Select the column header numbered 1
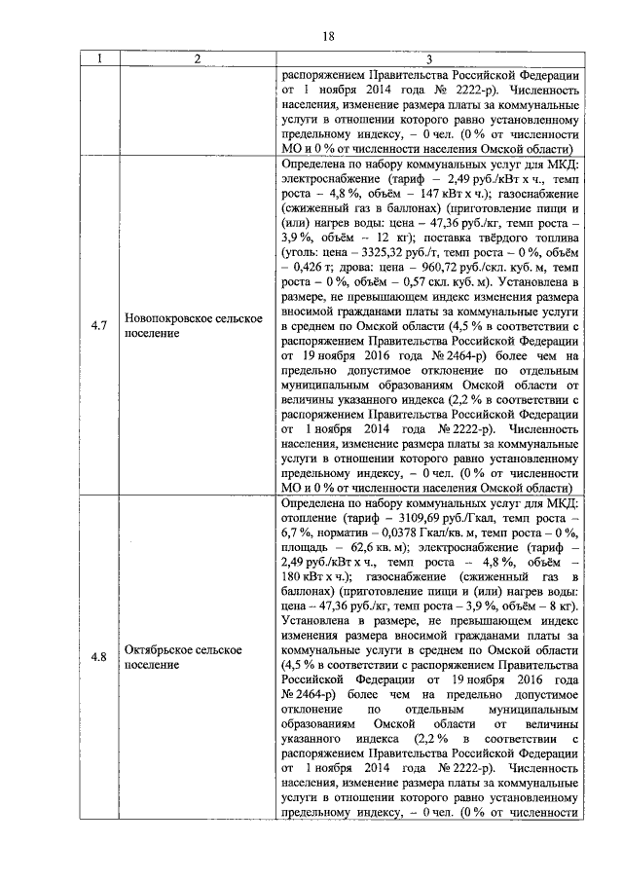point(98,60)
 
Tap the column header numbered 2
point(196,60)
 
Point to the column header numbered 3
point(429,60)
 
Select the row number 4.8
point(98,655)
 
